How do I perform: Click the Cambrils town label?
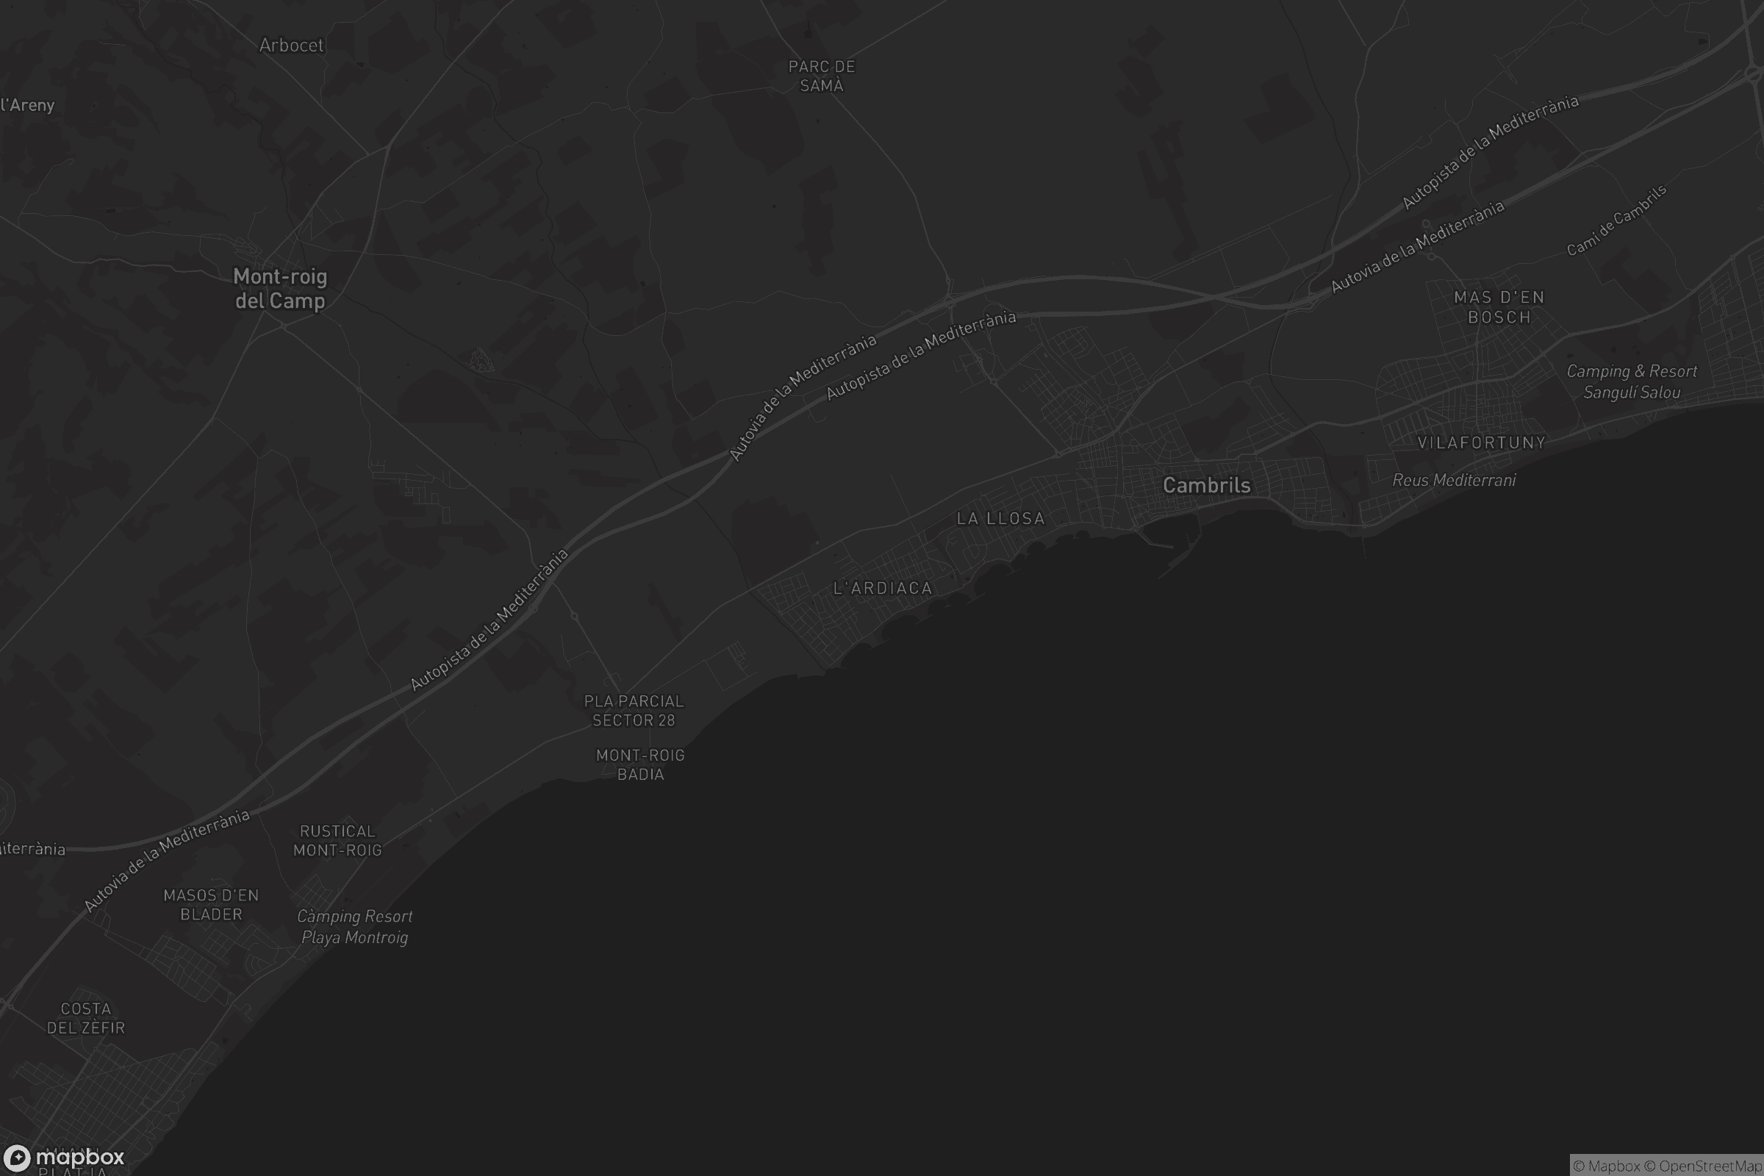tap(1206, 485)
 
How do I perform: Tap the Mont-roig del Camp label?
tap(280, 289)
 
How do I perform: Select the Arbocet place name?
tap(291, 46)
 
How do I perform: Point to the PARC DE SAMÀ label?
tap(821, 76)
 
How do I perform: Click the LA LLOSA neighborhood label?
tap(1000, 518)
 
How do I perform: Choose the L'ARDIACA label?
tap(883, 588)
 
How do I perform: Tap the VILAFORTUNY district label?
tap(1481, 442)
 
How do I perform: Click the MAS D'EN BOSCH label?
tap(1499, 307)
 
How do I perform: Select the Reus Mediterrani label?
tap(1454, 480)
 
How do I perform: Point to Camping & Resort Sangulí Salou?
tap(1631, 381)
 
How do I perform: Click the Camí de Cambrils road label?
tap(1616, 220)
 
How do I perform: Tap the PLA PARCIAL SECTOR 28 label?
tap(634, 710)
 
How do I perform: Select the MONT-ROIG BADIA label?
tap(639, 764)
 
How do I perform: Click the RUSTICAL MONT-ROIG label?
tap(337, 841)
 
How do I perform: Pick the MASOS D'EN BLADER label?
tap(211, 905)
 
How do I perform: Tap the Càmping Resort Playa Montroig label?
tap(354, 926)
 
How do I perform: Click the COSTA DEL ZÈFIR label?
tap(85, 1018)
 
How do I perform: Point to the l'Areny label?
tap(27, 105)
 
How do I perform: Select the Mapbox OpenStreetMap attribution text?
tap(1666, 1166)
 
